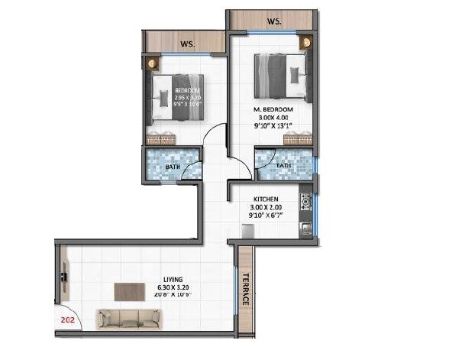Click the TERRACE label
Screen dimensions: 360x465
[x=246, y=289]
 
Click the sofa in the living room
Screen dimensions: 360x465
[x=128, y=318]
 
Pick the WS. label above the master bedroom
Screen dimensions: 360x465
[x=273, y=21]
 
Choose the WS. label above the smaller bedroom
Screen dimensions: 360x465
[x=187, y=44]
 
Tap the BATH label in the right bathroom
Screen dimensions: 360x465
[x=283, y=165]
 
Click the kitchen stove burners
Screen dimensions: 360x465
[x=305, y=203]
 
